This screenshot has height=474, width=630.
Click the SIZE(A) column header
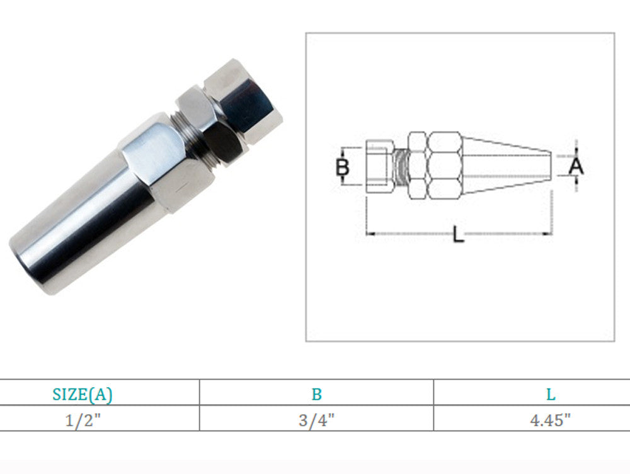(x=83, y=394)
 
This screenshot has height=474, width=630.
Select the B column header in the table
(x=317, y=395)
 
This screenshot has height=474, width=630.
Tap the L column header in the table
(x=551, y=395)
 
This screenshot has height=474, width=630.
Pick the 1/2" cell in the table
(x=83, y=420)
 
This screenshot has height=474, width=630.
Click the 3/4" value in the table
(x=317, y=420)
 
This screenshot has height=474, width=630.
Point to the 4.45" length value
(x=550, y=420)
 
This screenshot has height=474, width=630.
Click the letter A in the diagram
(x=576, y=166)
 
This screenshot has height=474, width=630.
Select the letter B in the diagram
(x=342, y=167)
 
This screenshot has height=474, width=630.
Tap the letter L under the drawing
(x=459, y=234)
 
